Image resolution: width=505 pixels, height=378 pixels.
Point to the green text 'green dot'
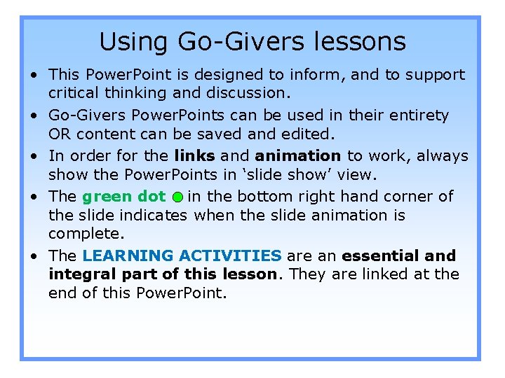[x=123, y=197]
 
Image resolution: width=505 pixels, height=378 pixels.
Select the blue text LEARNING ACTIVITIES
[x=182, y=255]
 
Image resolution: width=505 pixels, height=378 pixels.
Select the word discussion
[x=243, y=93]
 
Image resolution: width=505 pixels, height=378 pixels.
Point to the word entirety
[x=418, y=115]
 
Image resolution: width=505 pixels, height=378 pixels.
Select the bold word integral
[x=79, y=274]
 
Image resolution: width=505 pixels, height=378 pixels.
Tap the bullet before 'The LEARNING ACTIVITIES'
[x=34, y=256]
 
